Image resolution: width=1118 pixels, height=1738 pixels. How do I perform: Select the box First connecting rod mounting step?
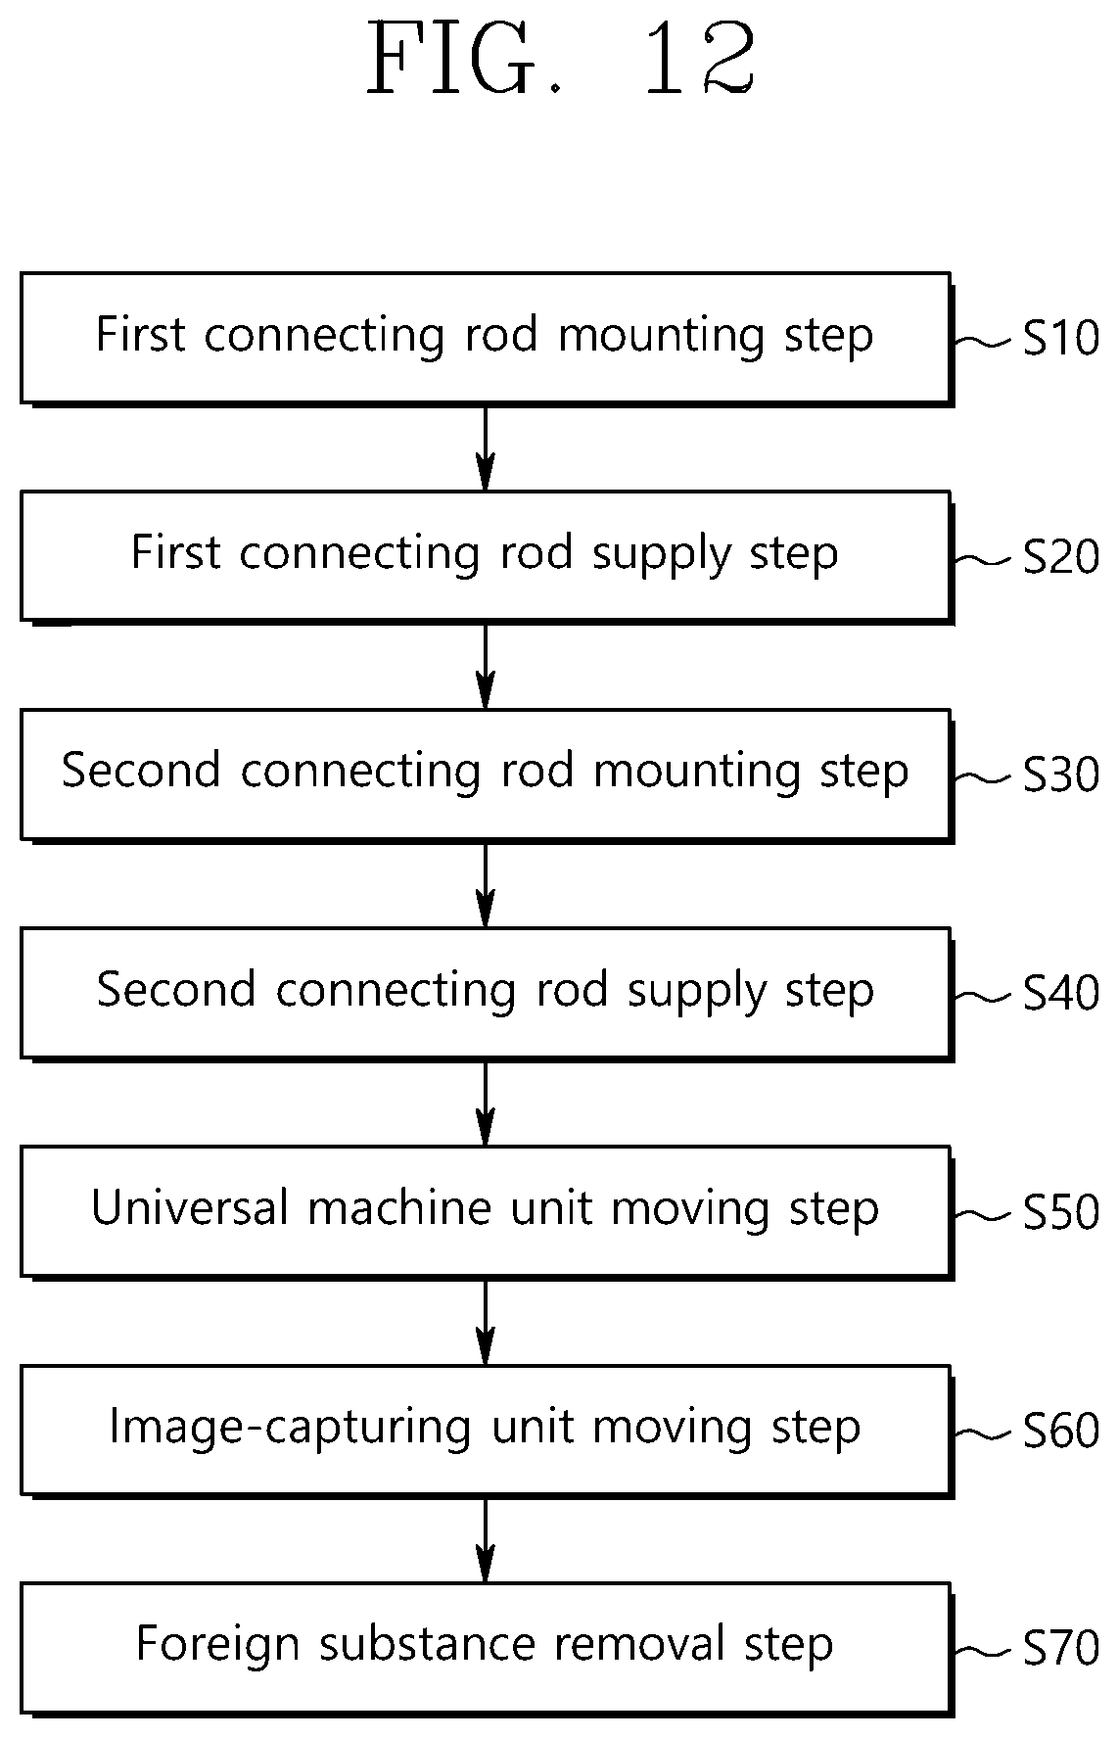pos(487,339)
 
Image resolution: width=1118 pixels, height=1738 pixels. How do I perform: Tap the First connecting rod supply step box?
pos(487,557)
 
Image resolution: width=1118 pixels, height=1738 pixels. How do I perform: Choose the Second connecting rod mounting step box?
pos(487,775)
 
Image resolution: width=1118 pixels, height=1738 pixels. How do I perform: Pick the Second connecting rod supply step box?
pos(487,994)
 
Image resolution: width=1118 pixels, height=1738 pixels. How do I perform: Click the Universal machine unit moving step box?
pos(487,1212)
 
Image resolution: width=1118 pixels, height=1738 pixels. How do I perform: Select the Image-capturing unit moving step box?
pos(487,1431)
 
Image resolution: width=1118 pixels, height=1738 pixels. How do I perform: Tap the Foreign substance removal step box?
pos(487,1649)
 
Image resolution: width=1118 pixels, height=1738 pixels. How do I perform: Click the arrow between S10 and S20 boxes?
pos(486,447)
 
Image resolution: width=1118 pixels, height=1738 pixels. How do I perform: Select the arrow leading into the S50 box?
pos(486,1103)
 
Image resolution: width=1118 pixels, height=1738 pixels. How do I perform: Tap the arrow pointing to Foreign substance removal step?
pos(486,1539)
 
